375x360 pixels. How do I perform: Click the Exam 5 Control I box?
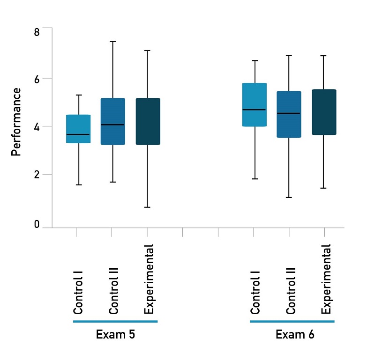coord(78,129)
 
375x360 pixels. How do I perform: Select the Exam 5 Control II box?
coord(112,121)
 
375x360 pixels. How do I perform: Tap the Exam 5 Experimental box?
coord(148,121)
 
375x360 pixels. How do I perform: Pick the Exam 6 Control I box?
coord(254,104)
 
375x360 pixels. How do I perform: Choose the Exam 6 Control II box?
coord(289,114)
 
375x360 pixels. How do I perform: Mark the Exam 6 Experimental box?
coord(324,112)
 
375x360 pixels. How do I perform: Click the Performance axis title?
coord(16,122)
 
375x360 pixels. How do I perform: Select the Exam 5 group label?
coord(115,335)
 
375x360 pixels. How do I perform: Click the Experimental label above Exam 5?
coord(149,279)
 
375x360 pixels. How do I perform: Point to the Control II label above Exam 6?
coord(291,290)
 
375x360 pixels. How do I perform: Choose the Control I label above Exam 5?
coord(78,291)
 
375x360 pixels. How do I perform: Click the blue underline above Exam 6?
coord(292,322)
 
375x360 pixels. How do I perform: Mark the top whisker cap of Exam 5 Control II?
coord(112,42)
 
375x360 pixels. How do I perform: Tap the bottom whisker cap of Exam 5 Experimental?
coord(148,207)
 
